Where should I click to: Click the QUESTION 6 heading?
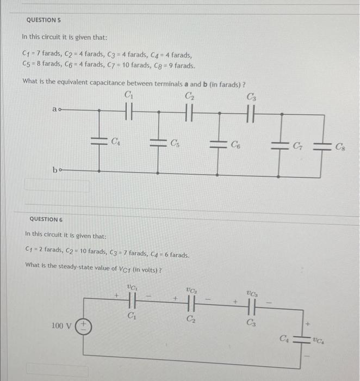tap(46, 219)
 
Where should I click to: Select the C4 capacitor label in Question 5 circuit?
tap(116, 143)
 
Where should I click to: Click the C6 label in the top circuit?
tap(235, 144)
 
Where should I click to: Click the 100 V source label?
tap(61, 326)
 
